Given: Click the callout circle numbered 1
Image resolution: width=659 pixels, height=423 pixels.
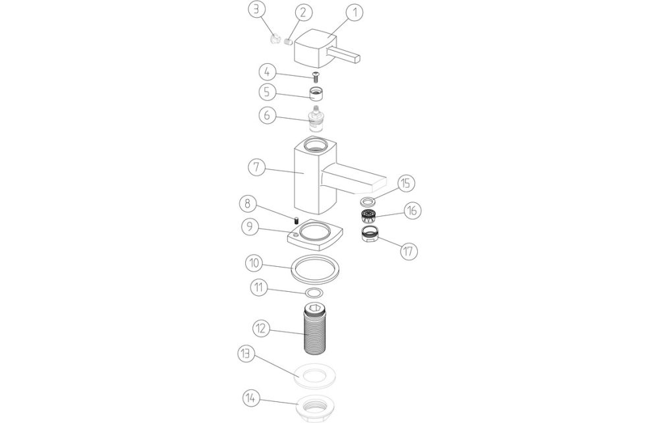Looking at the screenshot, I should [354, 12].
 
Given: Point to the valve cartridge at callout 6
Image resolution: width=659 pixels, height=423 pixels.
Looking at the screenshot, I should [319, 118].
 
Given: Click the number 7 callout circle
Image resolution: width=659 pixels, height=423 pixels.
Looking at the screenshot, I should [257, 167].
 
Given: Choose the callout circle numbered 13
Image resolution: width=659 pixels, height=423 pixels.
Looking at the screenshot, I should [246, 354].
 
